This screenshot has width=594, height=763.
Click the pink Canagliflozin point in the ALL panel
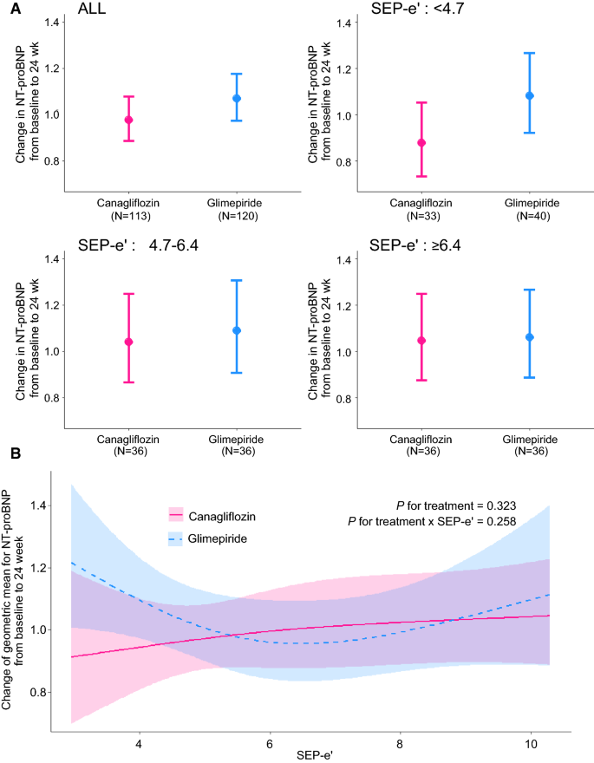click(x=128, y=120)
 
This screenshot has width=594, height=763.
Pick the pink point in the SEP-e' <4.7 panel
click(x=422, y=142)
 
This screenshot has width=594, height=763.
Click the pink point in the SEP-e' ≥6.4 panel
click(x=422, y=340)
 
